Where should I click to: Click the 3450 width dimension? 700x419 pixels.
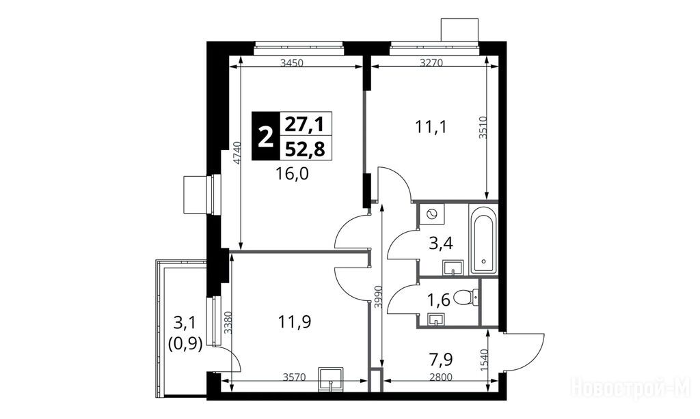point(292,63)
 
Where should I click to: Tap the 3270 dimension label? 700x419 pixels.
point(431,63)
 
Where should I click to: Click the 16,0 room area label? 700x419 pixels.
point(293,173)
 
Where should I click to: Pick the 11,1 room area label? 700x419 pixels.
point(431,128)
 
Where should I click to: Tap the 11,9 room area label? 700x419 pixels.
point(294,321)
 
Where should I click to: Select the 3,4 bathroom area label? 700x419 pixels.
point(441,244)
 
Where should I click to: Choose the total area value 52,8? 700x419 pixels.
point(305,149)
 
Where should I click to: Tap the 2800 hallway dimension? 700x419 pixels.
point(441,377)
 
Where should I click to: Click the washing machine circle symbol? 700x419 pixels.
point(432,214)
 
